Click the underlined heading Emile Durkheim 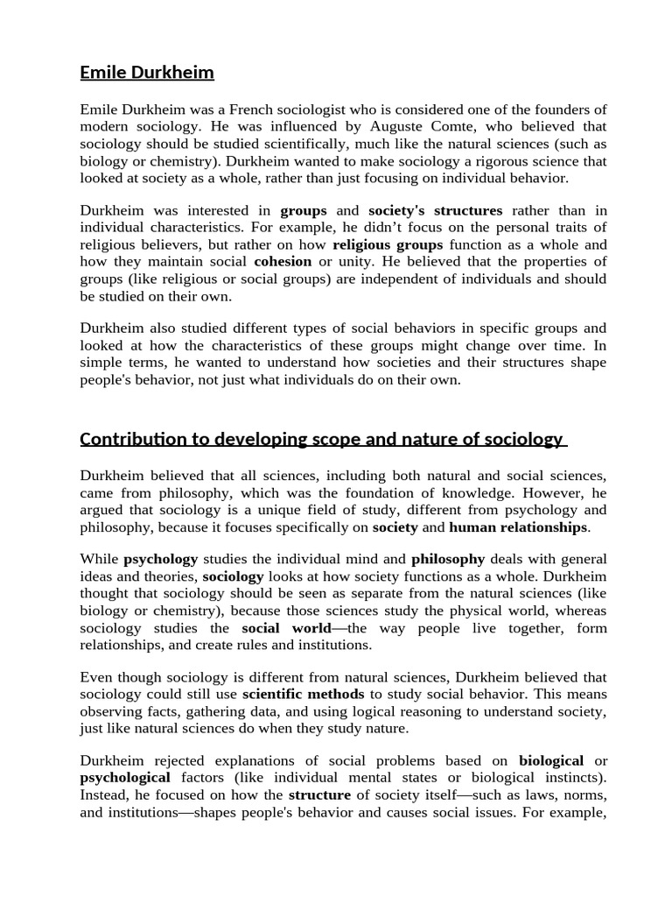[147, 73]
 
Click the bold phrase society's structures [436, 210]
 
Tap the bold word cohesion [283, 262]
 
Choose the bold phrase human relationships [518, 527]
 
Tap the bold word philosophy [448, 558]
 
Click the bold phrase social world [287, 628]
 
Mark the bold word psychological [125, 777]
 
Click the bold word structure [319, 795]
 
